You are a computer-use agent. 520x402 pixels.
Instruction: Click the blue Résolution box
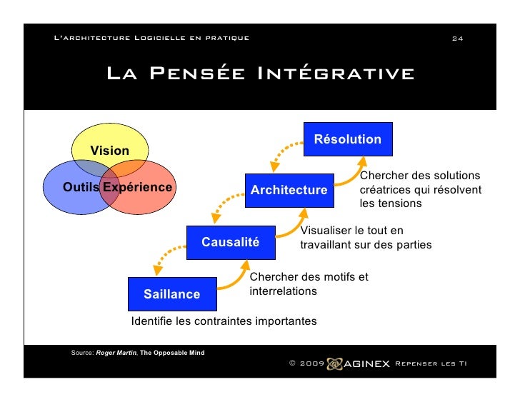coord(347,139)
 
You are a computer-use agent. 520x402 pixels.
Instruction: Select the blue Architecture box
coord(289,190)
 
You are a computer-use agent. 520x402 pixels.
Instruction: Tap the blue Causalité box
coord(230,242)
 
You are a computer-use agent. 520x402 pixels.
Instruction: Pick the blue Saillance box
coord(171,294)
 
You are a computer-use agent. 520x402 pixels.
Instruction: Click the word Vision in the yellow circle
coord(109,151)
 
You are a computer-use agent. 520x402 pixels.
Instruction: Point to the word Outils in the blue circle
coord(81,188)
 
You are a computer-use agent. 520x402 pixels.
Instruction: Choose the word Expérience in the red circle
coord(137,188)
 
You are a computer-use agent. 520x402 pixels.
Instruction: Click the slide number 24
coord(458,38)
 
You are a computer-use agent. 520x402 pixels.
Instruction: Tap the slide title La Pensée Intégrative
coord(260,74)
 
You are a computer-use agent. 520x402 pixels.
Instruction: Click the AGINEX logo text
coord(367,363)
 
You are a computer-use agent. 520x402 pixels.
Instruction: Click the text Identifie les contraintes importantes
coord(224,321)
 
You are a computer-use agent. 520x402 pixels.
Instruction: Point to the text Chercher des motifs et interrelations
coord(309,284)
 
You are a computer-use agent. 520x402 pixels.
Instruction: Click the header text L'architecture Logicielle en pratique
coord(151,38)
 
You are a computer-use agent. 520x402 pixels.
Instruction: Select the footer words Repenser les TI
coord(431,363)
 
